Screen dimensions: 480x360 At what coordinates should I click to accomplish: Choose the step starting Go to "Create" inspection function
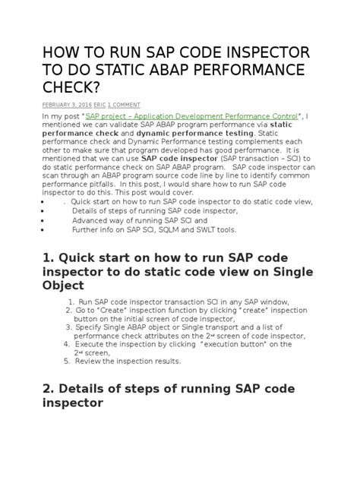coord(190,311)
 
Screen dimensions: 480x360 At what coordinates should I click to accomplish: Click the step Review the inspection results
coord(128,362)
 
